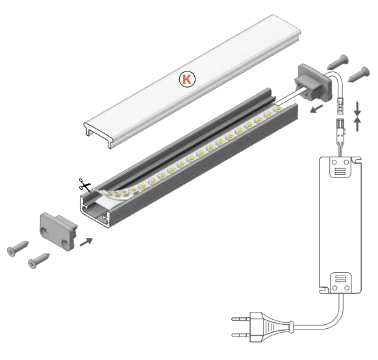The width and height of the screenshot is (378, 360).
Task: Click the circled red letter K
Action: point(187,79)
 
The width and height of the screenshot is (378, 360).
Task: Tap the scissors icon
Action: point(84,185)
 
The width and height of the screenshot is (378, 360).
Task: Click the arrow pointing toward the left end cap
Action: point(86,242)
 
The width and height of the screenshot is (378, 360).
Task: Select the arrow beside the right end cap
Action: point(316,109)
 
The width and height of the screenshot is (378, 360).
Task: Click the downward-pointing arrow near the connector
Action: point(357,109)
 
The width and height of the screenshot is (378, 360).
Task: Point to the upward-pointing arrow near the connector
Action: point(357,124)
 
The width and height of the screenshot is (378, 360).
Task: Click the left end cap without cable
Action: point(58,231)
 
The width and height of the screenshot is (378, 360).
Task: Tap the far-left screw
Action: point(18,248)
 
